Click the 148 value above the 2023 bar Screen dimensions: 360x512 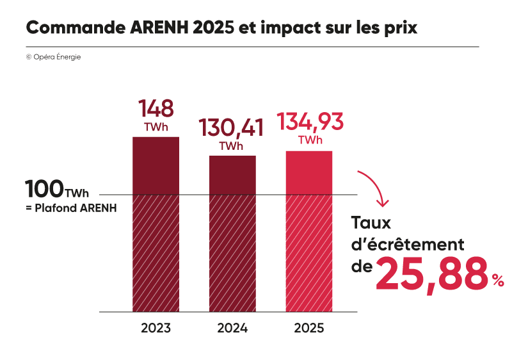pos(156,108)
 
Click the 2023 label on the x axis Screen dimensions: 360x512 pos(156,329)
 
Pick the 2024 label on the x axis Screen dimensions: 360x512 pos(232,329)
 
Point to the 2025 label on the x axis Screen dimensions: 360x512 pos(309,329)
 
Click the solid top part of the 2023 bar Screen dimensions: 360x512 pos(156,165)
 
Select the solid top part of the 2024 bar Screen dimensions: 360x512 pos(232,175)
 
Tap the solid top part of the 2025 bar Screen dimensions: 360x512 pos(309,172)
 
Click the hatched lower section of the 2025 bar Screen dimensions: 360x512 pos(309,253)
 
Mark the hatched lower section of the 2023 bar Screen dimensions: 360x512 pos(156,253)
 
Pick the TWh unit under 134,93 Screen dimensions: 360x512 pos(310,140)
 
